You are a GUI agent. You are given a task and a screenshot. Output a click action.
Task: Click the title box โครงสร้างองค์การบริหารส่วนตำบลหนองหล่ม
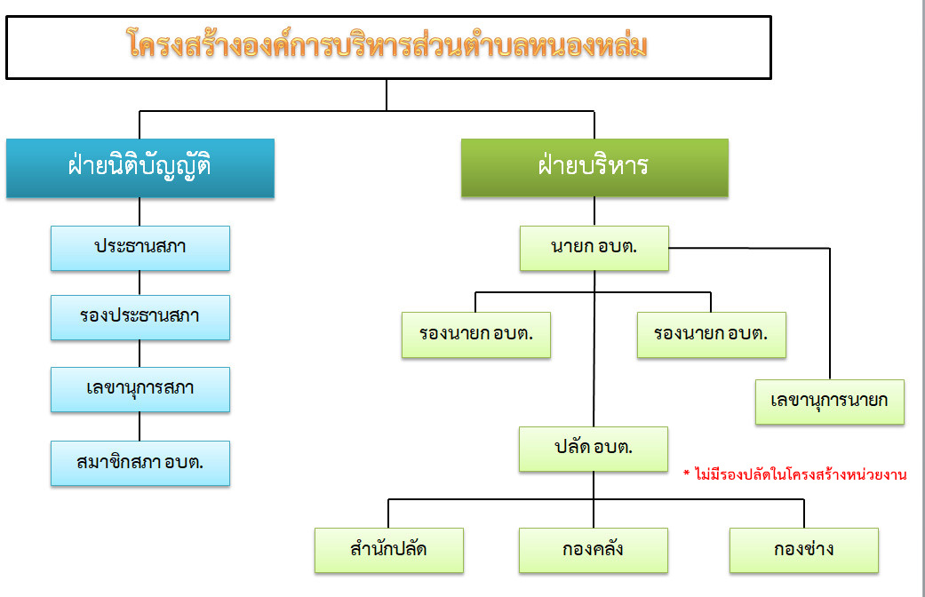click(388, 47)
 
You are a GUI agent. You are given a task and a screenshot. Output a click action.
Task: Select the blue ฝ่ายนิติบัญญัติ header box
click(140, 168)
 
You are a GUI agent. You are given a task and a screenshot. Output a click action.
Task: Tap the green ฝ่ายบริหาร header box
click(594, 168)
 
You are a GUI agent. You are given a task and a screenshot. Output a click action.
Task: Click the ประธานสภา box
click(140, 249)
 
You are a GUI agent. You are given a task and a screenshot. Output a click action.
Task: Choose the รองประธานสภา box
click(140, 317)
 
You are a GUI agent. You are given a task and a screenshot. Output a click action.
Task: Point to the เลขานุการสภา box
click(140, 389)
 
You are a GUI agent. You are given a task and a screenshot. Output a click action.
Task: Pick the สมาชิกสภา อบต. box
click(140, 463)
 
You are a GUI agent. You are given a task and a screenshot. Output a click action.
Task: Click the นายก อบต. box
click(594, 249)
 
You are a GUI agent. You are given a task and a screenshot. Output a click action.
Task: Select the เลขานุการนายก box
click(829, 402)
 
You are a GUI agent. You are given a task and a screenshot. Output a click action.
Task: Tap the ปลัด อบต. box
click(594, 449)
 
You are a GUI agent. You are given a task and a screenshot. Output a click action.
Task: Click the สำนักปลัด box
click(389, 551)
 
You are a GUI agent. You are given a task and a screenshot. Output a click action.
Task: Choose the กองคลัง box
click(594, 551)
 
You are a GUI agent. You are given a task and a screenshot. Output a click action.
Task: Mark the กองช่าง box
click(804, 551)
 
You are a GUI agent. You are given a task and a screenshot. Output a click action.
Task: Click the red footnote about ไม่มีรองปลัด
click(795, 474)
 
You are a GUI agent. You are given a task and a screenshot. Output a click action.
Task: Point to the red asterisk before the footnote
click(687, 472)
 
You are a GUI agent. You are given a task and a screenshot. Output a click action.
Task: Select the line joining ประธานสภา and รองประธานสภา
click(140, 283)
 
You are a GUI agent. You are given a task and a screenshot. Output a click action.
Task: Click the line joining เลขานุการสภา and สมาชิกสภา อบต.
click(140, 426)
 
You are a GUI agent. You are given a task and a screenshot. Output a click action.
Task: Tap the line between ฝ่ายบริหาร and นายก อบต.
click(594, 211)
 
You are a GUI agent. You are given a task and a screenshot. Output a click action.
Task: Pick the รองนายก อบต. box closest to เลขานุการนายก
click(712, 335)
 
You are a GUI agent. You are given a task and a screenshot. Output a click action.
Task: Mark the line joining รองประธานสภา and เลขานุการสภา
click(140, 354)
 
